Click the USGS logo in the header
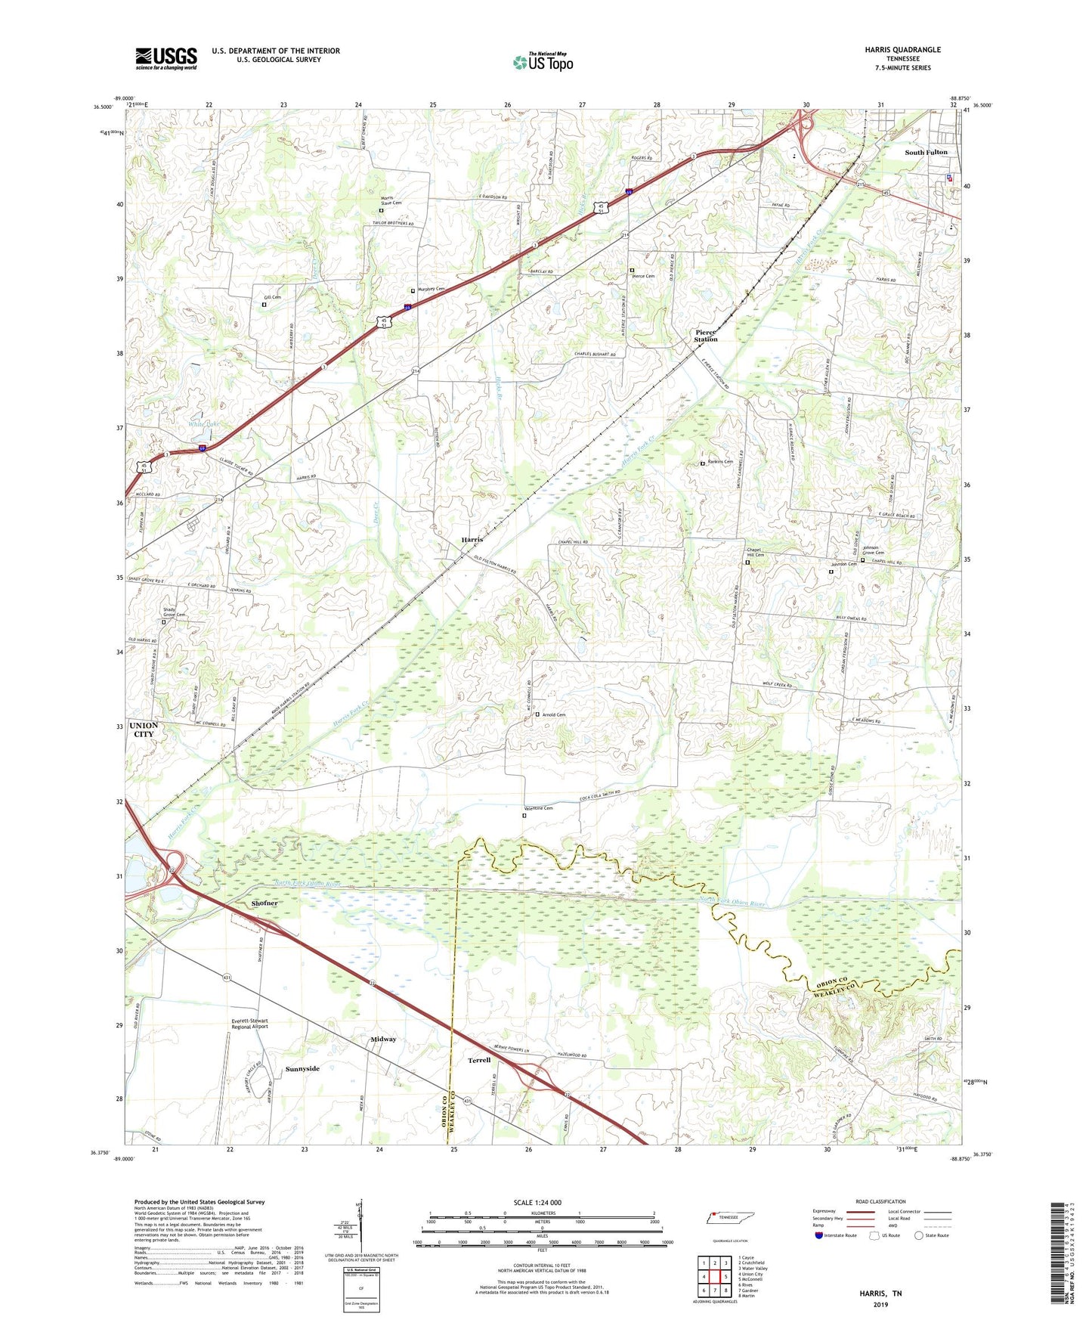click(166, 57)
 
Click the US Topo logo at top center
click(543, 62)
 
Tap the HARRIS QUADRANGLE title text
click(902, 50)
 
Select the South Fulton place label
click(925, 153)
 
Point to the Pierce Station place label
click(706, 336)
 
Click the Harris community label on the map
click(472, 540)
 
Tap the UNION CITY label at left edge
click(144, 730)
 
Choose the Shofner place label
click(264, 903)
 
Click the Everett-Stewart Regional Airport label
click(249, 1024)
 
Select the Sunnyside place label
click(302, 1069)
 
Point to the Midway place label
click(383, 1040)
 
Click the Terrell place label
click(479, 1061)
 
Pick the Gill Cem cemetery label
click(272, 298)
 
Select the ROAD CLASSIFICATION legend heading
click(881, 1202)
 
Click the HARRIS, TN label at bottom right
click(880, 1294)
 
